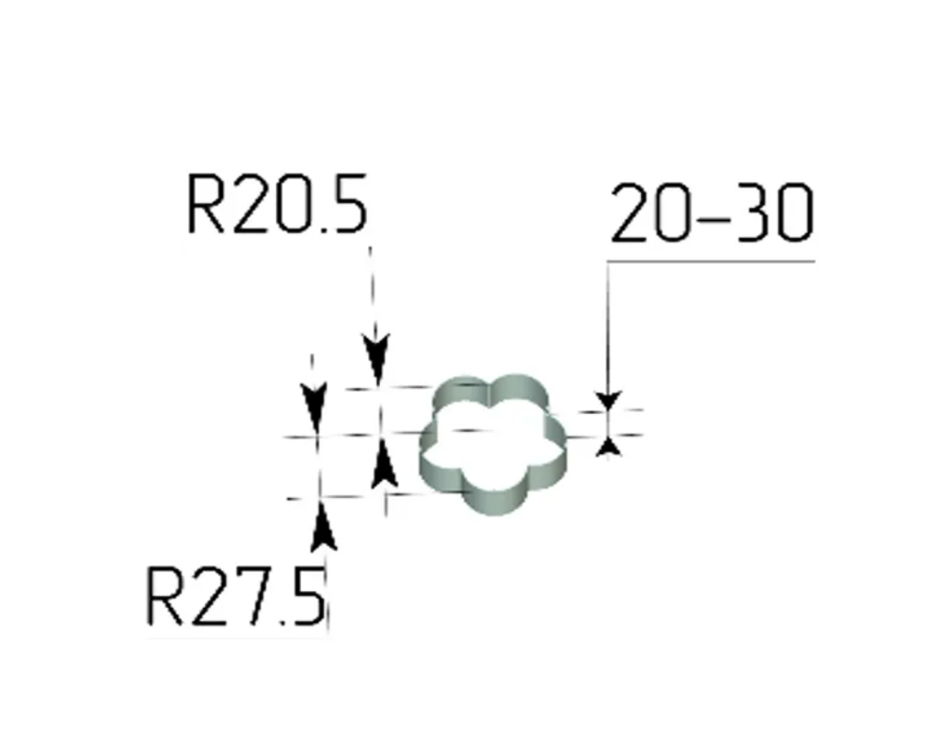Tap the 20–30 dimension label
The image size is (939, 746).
[x=712, y=214]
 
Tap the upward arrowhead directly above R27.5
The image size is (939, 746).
[x=323, y=527]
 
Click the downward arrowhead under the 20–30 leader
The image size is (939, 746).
[x=608, y=401]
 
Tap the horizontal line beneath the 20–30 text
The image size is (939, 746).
[x=712, y=261]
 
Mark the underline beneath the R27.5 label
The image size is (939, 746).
[x=237, y=639]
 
